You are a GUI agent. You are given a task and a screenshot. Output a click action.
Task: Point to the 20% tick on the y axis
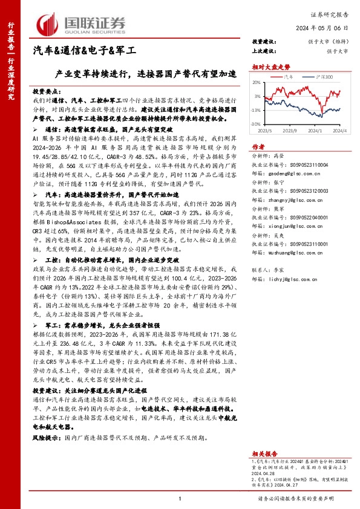(x=257, y=83)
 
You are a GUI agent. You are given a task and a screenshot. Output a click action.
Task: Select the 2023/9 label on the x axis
(x=289, y=129)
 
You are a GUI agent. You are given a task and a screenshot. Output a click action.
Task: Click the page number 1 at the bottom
(x=180, y=498)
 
